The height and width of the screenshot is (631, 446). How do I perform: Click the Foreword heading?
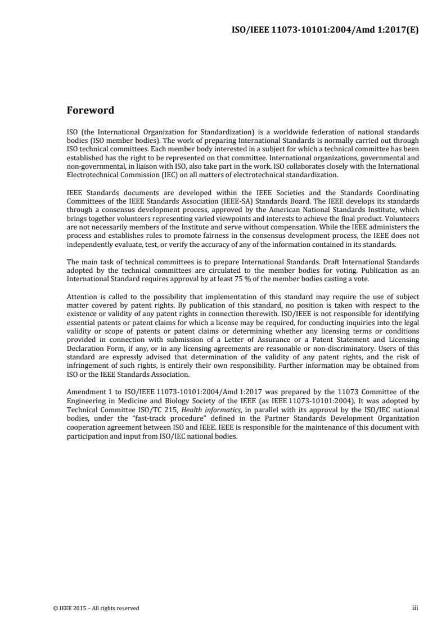click(90, 110)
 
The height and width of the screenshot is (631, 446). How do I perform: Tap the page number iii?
click(415, 607)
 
